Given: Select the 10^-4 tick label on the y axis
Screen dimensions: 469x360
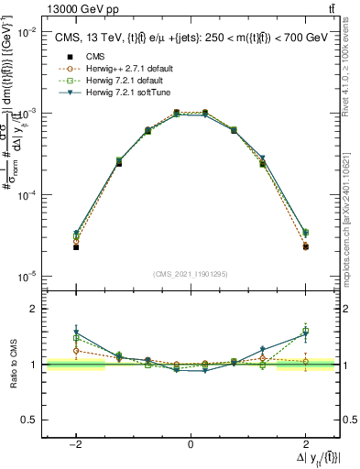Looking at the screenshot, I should coord(27,195).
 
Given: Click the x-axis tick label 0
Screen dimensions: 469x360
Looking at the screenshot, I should coord(190,443).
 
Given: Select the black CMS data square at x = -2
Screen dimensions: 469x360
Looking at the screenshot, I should coord(76,247).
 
